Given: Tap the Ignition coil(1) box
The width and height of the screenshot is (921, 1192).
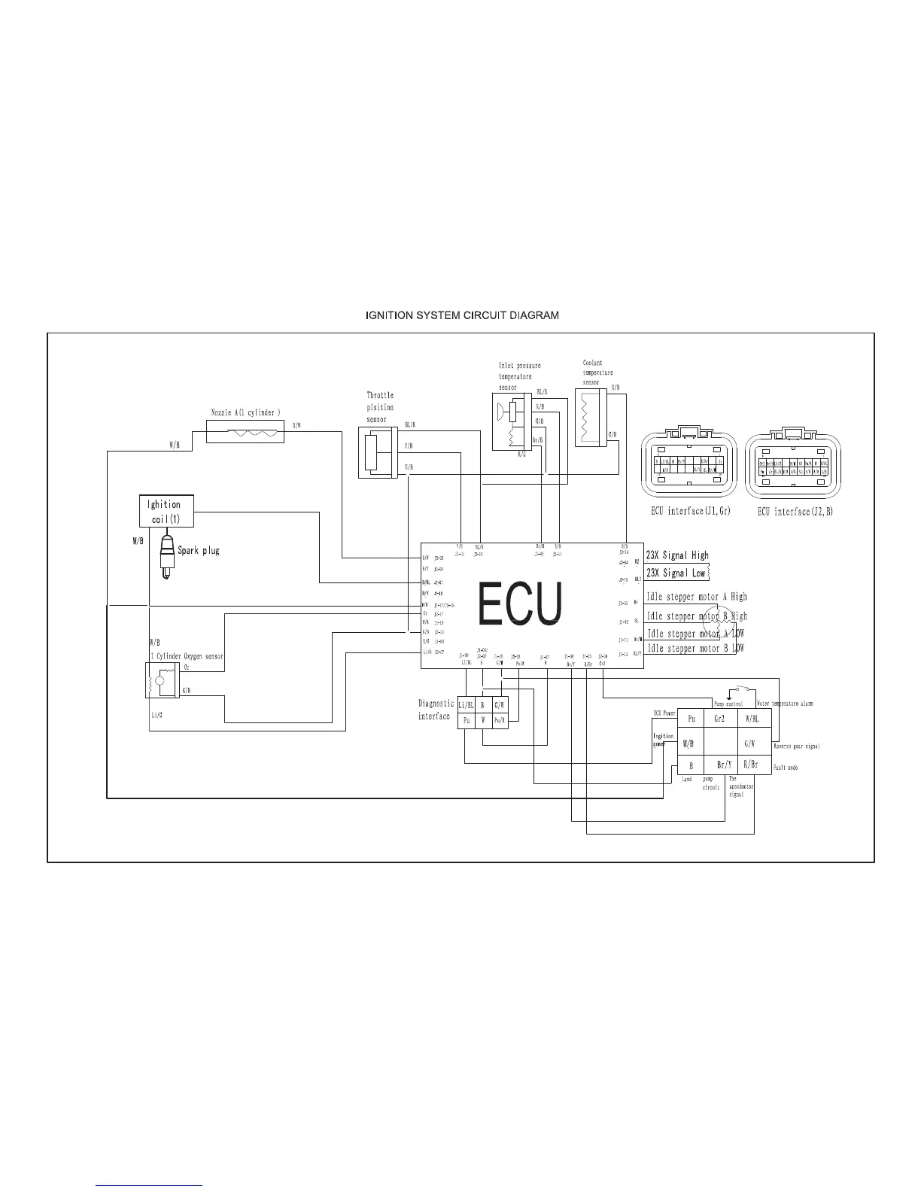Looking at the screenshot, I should (x=166, y=512).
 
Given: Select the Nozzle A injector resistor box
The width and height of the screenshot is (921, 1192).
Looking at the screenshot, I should (x=245, y=432).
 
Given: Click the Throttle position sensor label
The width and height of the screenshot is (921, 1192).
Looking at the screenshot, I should (x=380, y=407).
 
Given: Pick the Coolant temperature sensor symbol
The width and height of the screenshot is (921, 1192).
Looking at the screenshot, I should (x=590, y=418).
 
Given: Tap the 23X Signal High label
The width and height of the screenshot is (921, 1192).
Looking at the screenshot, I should (x=677, y=555).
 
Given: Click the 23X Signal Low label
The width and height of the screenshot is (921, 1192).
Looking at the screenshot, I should (x=676, y=573).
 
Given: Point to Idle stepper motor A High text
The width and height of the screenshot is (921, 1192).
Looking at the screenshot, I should (x=697, y=597).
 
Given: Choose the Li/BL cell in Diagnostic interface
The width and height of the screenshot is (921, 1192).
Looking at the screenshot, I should (x=466, y=705).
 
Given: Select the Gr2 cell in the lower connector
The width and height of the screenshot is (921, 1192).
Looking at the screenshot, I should (x=719, y=719).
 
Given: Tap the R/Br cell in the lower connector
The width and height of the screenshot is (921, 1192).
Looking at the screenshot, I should (x=750, y=765).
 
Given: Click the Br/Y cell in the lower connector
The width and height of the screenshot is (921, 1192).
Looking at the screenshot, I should (x=724, y=765).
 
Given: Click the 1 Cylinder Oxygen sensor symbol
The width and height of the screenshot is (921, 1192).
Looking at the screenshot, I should (x=160, y=681).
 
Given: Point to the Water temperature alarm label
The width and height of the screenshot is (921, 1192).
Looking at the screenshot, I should (x=784, y=704).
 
